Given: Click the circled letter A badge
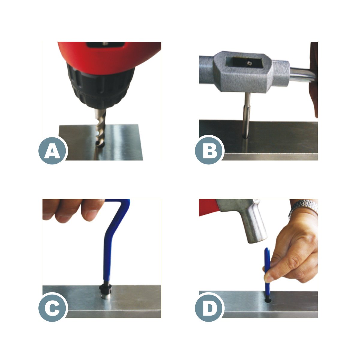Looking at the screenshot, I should [52, 150].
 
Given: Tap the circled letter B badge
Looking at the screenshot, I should [209, 150].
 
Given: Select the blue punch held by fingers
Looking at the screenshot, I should [267, 270].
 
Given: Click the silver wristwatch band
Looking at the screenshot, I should [304, 207].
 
